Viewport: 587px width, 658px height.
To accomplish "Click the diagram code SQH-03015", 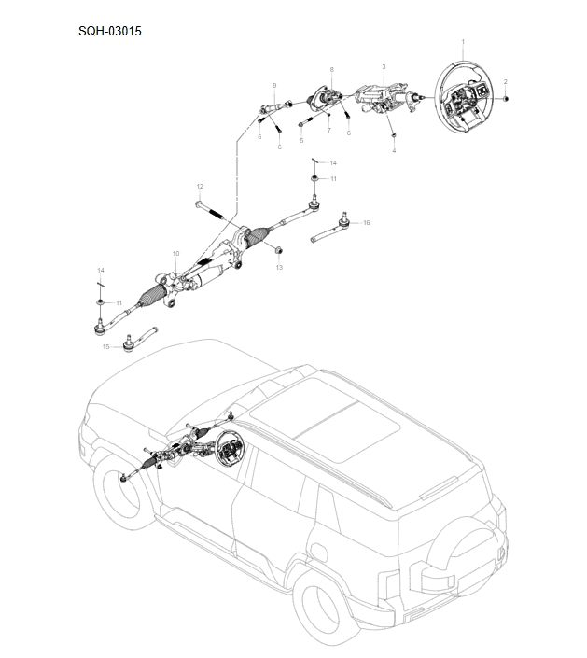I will (110, 30).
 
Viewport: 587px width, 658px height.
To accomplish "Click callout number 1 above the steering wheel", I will (464, 43).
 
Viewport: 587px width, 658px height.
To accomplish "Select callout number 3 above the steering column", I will (384, 67).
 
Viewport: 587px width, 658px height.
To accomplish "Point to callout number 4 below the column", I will (393, 149).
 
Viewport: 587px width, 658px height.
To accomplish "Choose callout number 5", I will (301, 140).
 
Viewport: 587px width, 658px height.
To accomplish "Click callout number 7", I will (328, 130).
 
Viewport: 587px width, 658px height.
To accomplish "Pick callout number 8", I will (330, 69).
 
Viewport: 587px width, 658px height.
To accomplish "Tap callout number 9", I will (274, 85).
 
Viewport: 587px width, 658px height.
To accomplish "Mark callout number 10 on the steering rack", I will (175, 254).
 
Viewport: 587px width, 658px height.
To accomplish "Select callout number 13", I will (278, 268).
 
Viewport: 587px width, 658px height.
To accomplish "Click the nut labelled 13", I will (278, 250).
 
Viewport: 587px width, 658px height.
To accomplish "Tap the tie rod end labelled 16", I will (332, 227).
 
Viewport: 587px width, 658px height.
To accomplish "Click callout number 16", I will (366, 223).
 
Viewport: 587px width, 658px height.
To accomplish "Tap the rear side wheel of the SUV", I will (316, 611).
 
